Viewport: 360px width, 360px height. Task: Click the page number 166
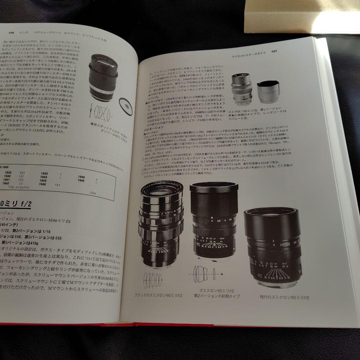point(14,32)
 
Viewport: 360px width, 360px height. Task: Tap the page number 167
point(274,51)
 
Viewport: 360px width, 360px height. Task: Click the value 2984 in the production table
point(93,193)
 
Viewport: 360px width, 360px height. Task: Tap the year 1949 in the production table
point(81,180)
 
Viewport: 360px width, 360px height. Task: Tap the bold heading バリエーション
point(154,127)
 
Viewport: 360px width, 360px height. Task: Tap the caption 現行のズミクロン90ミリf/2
point(285,297)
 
